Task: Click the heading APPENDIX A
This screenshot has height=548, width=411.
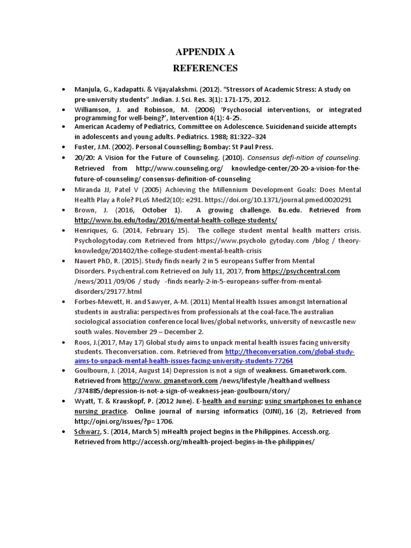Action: (205, 52)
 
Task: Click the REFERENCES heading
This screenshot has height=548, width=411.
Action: (205, 68)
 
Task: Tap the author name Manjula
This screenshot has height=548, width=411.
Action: (87, 89)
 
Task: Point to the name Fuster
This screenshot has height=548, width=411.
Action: (85, 147)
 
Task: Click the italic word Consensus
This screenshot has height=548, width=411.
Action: (266, 158)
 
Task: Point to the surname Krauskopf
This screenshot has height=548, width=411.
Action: (124, 401)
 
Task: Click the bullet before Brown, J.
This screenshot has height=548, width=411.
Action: (64, 210)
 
